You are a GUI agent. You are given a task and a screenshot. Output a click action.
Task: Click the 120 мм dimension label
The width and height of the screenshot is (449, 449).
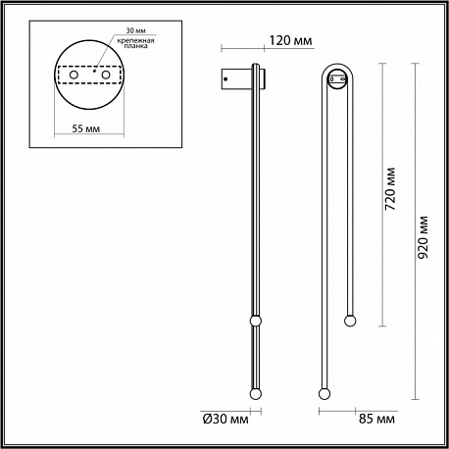click(290, 40)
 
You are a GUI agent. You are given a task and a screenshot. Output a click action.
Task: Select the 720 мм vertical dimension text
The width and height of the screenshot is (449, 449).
click(390, 189)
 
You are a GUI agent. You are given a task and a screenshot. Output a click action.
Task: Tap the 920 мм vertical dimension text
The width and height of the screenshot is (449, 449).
click(423, 237)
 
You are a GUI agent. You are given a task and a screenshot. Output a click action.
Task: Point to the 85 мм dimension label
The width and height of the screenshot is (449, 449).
click(376, 419)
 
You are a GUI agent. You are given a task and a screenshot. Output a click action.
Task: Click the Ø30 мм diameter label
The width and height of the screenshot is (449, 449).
click(225, 419)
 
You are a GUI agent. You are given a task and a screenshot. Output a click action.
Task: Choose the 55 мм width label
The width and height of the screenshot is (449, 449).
click(85, 128)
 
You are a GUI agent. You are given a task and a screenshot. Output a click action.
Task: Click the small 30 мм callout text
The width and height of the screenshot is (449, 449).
click(135, 30)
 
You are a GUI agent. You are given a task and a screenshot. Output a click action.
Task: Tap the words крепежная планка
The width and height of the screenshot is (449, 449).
click(135, 43)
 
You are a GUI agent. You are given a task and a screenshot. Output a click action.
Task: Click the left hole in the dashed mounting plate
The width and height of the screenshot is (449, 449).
click(74, 75)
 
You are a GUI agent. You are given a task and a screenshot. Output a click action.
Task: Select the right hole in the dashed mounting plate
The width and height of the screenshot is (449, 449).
click(106, 75)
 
